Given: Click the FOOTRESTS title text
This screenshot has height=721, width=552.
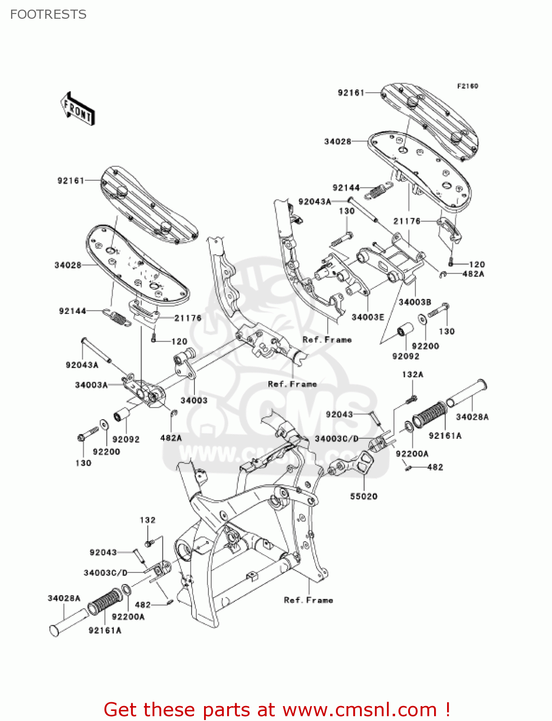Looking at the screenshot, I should [48, 14].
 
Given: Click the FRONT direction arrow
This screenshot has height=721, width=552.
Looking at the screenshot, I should [77, 109].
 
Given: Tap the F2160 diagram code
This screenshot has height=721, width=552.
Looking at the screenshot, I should [467, 86].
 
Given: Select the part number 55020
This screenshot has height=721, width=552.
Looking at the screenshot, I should [363, 496].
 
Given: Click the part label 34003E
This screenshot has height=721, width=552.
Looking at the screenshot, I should [368, 317].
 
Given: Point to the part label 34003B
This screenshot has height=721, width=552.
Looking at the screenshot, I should [414, 302].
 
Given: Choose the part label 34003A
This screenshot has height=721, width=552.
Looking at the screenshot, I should [91, 385].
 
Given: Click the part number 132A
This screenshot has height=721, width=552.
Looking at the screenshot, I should [412, 374].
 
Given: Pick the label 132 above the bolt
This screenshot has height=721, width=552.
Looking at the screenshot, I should [148, 520].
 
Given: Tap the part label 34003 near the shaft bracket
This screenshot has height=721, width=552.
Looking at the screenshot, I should [193, 400].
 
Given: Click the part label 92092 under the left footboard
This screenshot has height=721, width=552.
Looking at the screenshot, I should [126, 439].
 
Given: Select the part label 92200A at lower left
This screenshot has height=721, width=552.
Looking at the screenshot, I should [128, 617].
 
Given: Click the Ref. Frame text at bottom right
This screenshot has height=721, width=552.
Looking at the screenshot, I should [308, 600].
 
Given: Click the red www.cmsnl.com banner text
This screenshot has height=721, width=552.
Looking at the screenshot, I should [277, 709].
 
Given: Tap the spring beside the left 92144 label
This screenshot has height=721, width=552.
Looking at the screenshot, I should [116, 317].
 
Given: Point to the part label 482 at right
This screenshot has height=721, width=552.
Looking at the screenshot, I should [435, 467].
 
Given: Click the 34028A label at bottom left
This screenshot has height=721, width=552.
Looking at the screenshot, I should [64, 598].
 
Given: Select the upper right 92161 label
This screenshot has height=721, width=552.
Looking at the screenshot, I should [351, 92].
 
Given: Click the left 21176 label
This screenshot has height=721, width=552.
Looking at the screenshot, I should [188, 318].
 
